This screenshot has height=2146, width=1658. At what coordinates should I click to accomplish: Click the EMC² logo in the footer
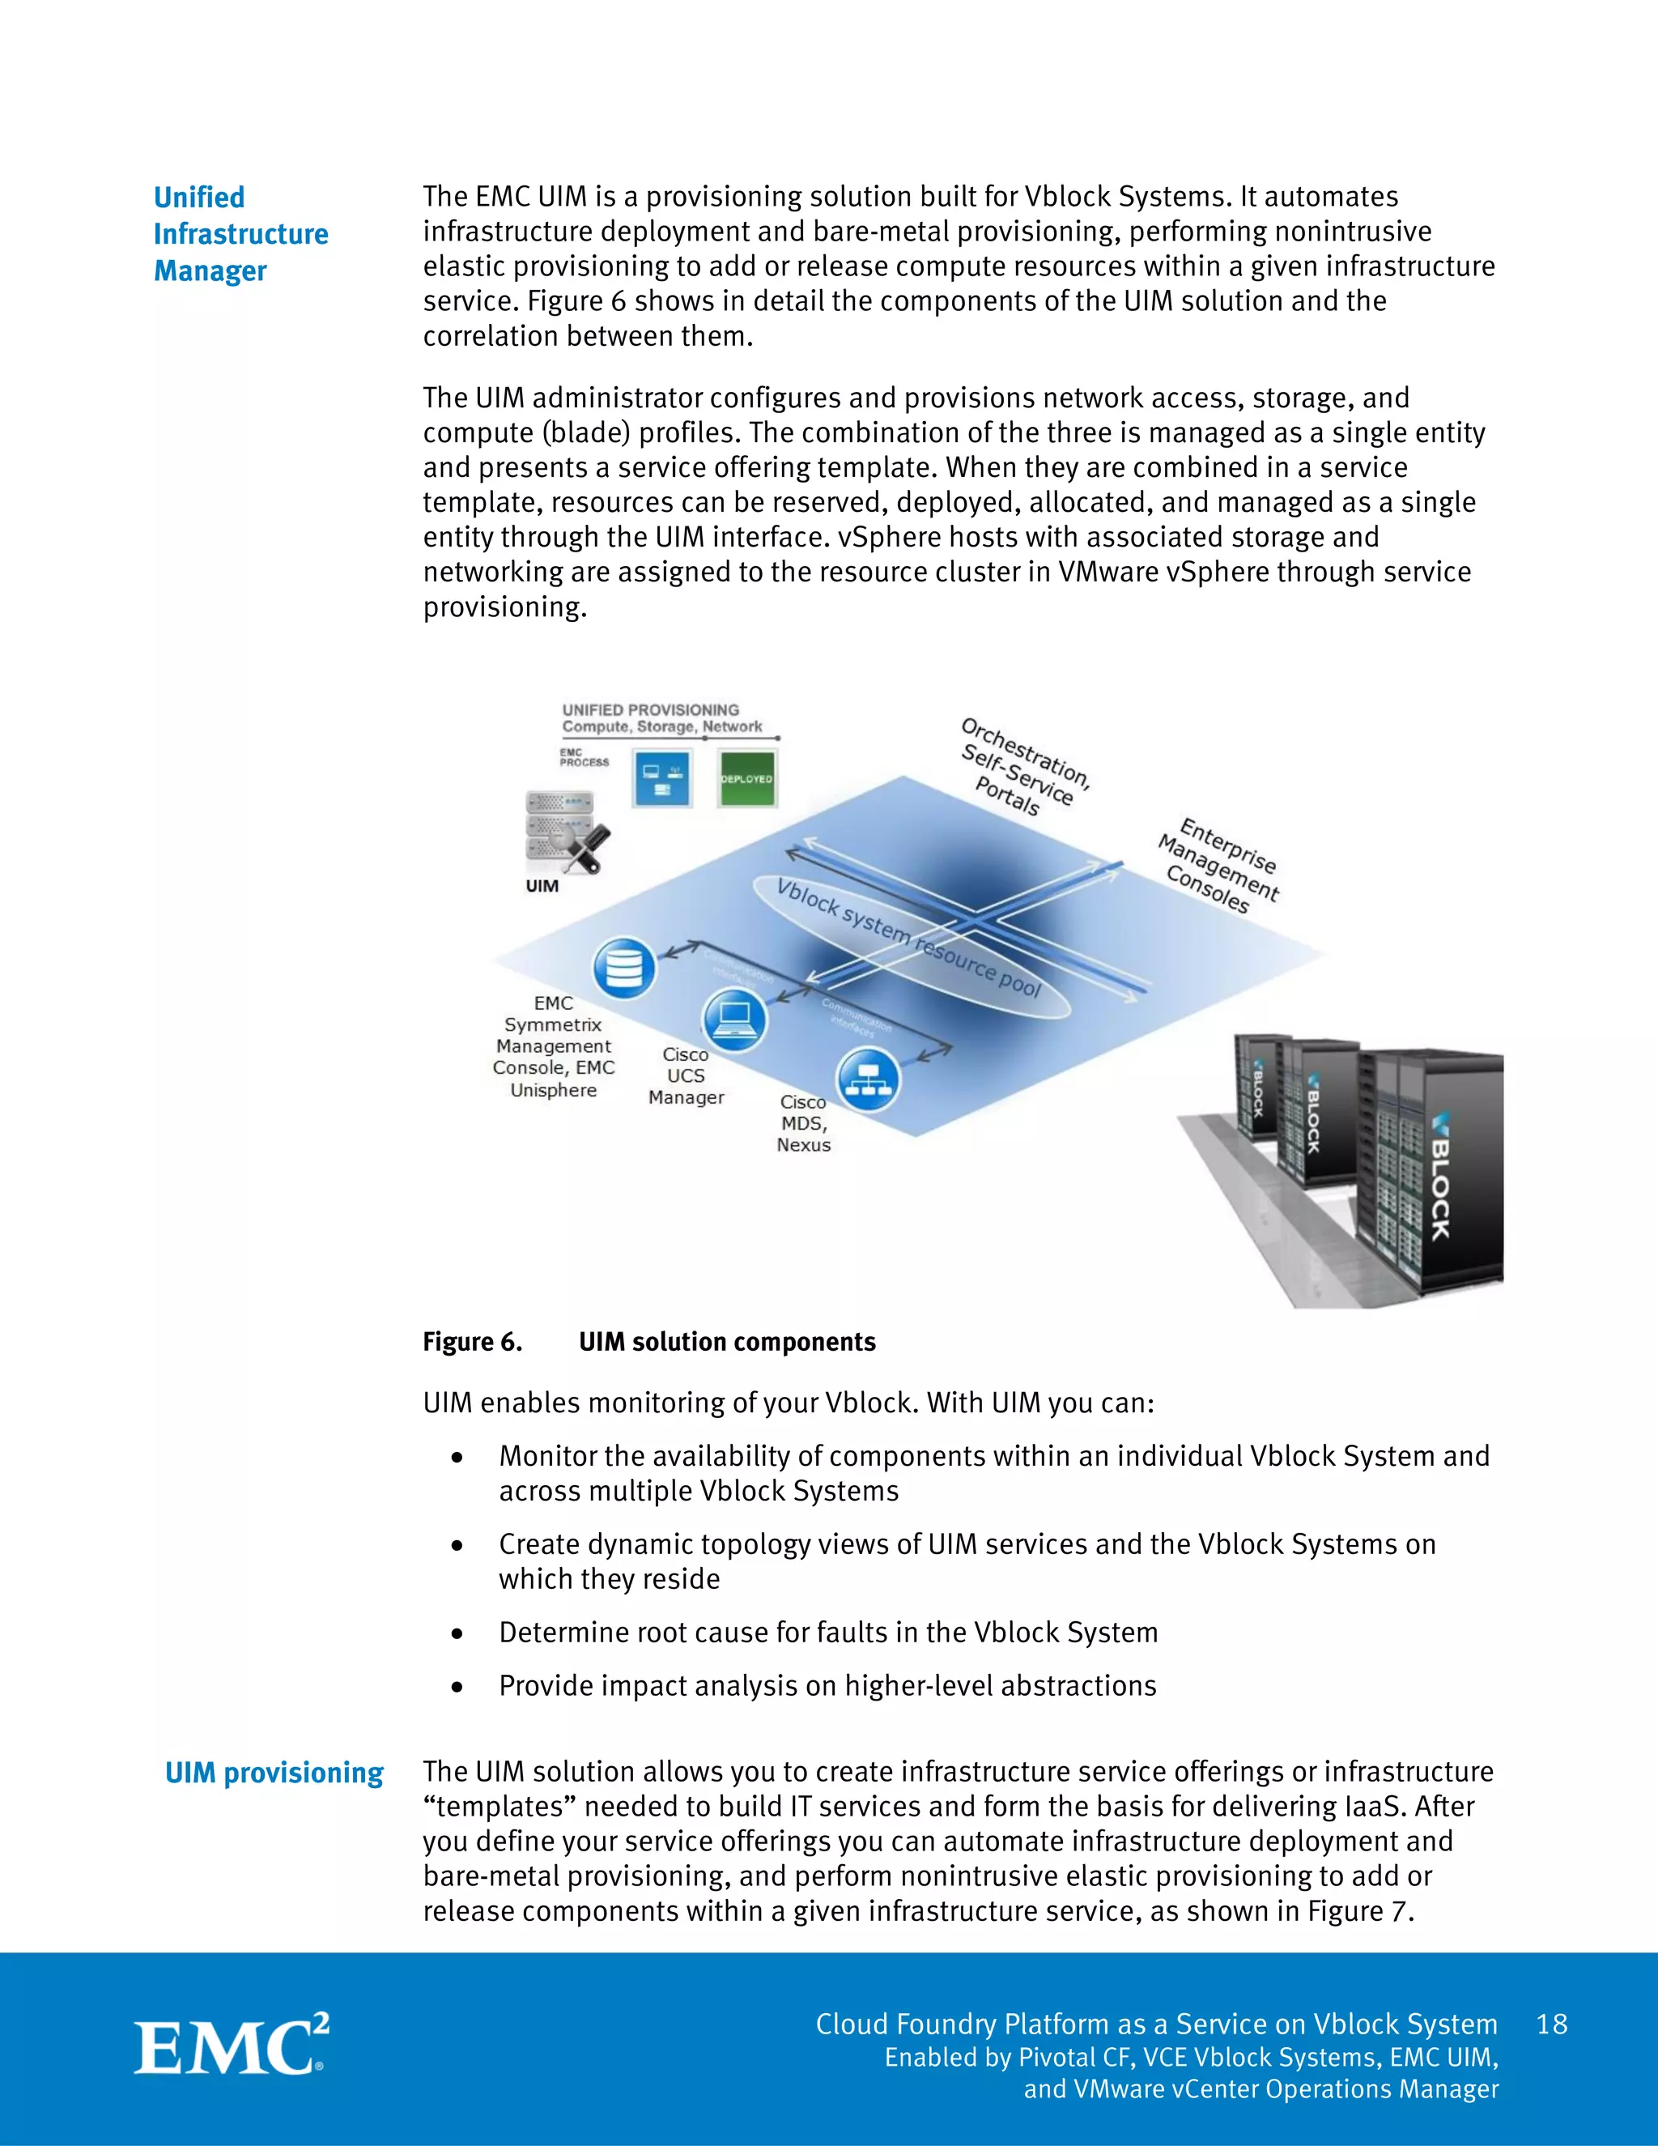point(232,2046)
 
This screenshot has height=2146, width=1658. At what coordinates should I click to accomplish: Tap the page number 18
point(1552,2025)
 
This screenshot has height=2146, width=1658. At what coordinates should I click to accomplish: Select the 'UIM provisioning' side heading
point(274,1773)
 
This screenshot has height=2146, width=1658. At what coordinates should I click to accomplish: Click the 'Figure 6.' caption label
point(473,1342)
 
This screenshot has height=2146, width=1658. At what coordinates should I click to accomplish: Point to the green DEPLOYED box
point(747,778)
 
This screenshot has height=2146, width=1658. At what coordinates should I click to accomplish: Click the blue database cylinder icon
point(623,968)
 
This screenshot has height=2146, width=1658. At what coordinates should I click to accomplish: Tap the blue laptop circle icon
point(733,1019)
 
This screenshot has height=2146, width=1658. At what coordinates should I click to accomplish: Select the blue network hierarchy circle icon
point(867,1078)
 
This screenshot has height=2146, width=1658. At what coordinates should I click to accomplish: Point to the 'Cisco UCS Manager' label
point(686,1076)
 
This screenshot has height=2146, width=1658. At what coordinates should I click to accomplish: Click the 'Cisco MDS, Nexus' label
point(803,1123)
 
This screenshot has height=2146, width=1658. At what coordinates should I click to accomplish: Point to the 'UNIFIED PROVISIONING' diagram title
point(650,709)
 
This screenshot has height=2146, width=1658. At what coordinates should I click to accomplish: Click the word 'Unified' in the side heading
point(199,198)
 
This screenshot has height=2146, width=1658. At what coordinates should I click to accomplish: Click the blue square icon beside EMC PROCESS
point(662,778)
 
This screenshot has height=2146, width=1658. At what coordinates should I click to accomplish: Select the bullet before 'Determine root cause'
point(457,1634)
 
